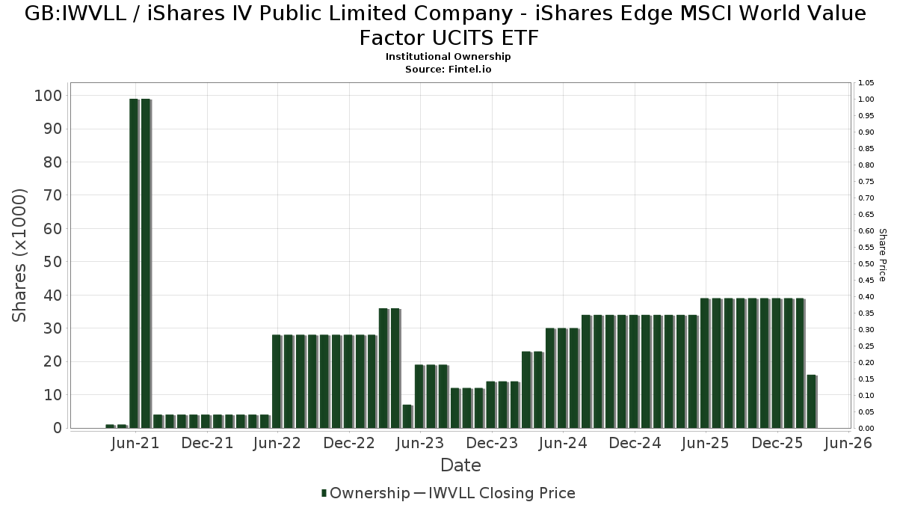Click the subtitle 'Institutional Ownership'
click(448, 57)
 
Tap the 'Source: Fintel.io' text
click(448, 69)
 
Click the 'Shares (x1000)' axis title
click(20, 255)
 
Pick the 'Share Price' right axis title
click(883, 255)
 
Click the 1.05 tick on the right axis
click(867, 83)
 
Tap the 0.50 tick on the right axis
click(867, 264)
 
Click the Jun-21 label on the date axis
click(135, 444)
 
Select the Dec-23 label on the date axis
click(492, 444)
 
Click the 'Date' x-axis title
click(460, 465)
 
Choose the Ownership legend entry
click(366, 493)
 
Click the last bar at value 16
click(811, 401)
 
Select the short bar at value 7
click(407, 416)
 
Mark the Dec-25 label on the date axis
click(777, 444)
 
